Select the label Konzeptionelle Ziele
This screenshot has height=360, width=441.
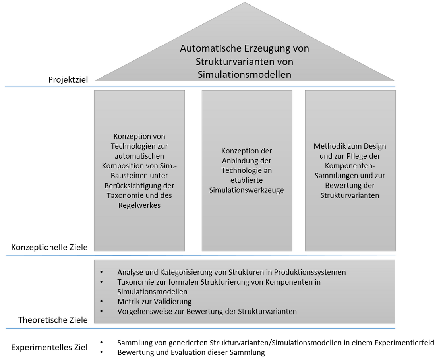[x=49, y=247]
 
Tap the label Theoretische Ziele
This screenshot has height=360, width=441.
[x=53, y=320]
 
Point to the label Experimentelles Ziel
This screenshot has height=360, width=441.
[x=49, y=348]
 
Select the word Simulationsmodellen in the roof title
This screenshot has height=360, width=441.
[x=244, y=74]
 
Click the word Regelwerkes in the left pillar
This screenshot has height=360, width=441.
[x=139, y=205]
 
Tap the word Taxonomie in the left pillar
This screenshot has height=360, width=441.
[x=123, y=195]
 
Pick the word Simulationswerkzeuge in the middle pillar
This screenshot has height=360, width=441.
[x=247, y=190]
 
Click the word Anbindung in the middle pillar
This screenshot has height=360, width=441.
[x=247, y=161]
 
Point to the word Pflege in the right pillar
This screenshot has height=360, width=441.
[x=360, y=156]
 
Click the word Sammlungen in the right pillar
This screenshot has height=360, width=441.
[x=334, y=175]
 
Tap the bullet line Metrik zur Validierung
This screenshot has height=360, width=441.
[x=155, y=302]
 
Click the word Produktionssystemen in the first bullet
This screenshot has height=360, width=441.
[x=310, y=272]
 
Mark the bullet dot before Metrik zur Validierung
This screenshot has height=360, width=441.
[x=101, y=302]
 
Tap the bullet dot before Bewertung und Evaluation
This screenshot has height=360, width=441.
[x=101, y=352]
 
